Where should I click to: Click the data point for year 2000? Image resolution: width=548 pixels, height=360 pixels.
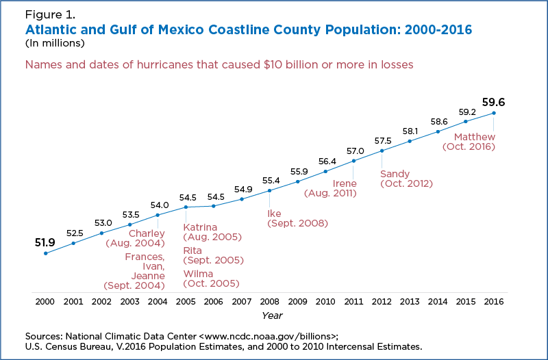pos(45,253)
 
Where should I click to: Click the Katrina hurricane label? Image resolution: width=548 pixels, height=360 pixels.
pos(200,227)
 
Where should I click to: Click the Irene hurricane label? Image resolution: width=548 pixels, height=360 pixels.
pos(345,183)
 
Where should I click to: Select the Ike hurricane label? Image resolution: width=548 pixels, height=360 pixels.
pos(274,213)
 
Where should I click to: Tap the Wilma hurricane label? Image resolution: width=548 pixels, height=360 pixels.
pos(198,274)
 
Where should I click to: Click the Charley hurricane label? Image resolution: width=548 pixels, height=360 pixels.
pos(147,233)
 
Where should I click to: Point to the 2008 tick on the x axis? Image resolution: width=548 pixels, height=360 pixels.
pos(269,301)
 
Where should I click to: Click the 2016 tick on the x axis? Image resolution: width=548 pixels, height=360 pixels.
pos(493,301)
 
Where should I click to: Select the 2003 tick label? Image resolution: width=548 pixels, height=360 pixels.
pos(129,301)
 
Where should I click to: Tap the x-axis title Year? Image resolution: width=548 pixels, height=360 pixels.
pos(272,316)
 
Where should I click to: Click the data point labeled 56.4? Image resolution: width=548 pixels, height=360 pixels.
pos(325,171)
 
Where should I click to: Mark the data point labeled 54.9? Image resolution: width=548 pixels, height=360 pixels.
pos(242,199)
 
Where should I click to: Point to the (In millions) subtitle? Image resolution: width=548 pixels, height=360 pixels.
pos(55,43)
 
